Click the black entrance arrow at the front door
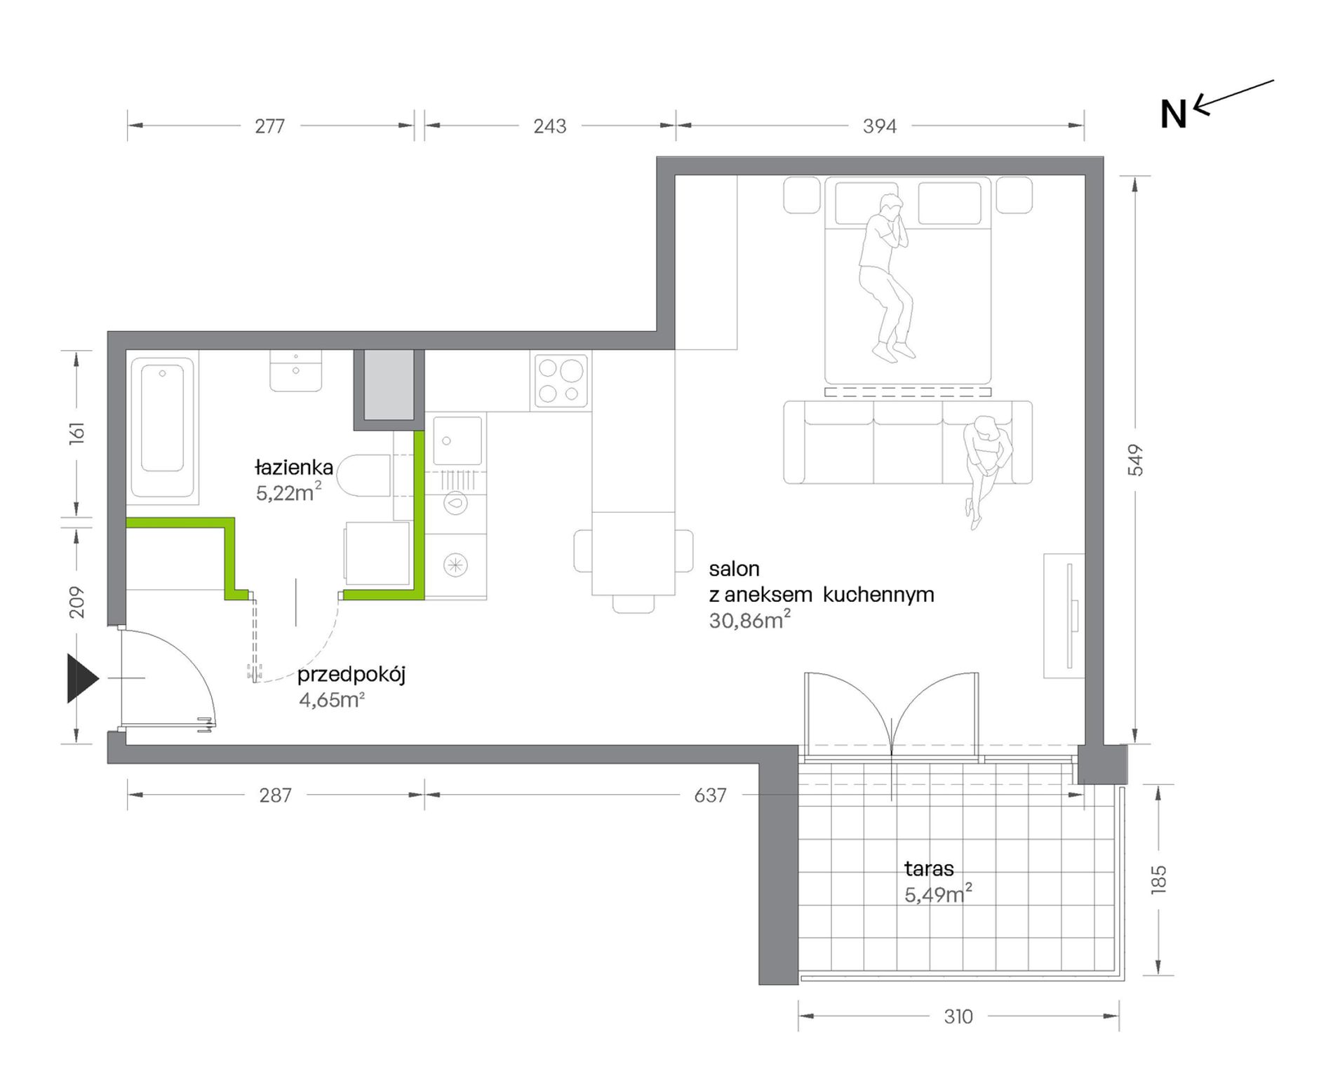81,678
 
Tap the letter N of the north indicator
1173,114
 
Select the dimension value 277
270,126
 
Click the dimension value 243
549,126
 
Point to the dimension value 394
880,126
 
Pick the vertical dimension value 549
1135,460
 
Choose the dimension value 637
710,795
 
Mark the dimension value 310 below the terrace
958,1016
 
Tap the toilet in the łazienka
363,476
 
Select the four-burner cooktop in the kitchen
561,381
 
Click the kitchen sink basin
457,440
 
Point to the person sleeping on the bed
887,278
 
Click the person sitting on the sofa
986,470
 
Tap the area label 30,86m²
749,619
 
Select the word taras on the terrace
929,868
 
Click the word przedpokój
351,675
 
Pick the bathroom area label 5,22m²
288,492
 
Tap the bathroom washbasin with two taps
296,370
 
